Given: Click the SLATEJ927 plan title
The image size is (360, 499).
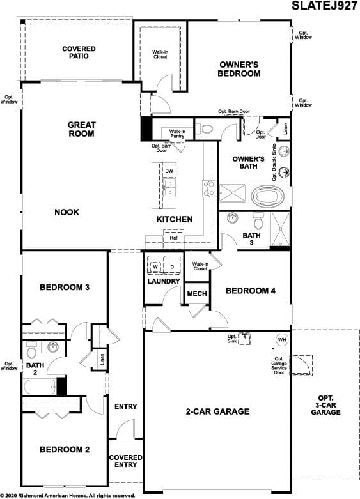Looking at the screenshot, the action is pos(325,5).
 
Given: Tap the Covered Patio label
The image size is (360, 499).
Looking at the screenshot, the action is pos(79,52).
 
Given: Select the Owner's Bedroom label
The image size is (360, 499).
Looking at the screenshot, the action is pos(239,69).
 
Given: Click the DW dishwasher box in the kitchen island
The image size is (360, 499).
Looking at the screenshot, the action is pos(169,171).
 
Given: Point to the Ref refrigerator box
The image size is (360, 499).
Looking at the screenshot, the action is pos(173,238).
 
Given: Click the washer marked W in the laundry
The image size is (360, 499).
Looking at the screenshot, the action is pos(155,266).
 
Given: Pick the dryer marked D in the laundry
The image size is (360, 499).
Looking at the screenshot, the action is pos(172,266).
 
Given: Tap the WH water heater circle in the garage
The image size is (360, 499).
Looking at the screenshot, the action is pos(282,339).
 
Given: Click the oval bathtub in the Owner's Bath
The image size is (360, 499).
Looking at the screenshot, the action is pos(268,196).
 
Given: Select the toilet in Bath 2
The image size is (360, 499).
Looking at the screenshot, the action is pos(31,350).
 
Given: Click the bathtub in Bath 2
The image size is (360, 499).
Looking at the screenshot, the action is pos(39,387).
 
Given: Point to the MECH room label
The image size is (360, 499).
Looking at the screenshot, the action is pos(197,293).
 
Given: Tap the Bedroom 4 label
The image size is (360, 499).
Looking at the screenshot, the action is pos(251,291).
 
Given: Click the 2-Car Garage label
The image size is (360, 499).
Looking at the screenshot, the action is pos(217,411).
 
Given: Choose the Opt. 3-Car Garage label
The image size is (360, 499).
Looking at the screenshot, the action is pos(325,405).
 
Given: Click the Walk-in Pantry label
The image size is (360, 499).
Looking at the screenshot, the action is pos(177,134).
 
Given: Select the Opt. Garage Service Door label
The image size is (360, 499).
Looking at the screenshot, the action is pos(279,365).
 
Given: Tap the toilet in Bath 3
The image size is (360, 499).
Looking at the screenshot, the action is pos(258,220).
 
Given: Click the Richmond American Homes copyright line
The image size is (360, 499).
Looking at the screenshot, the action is pos(67,496).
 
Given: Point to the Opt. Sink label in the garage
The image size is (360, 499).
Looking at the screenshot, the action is pos(232,339).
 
